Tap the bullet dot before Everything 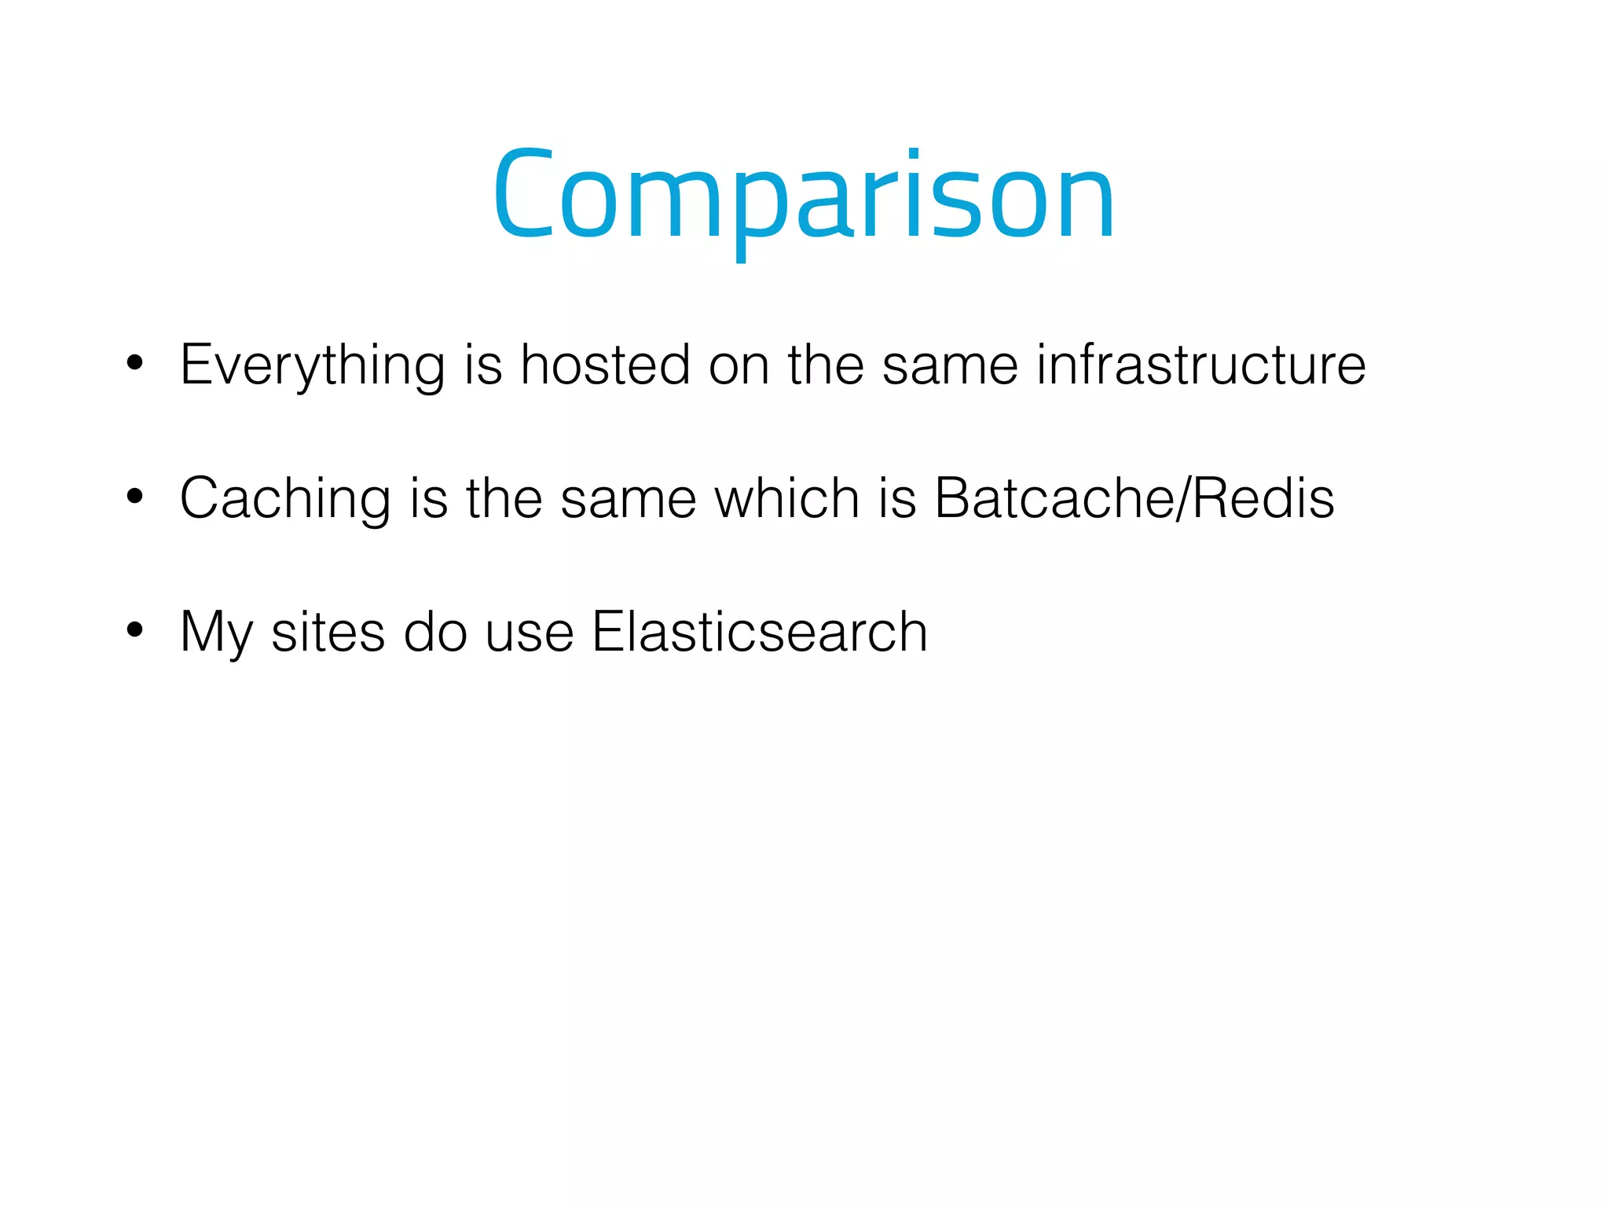point(135,363)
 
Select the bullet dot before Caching point(135,497)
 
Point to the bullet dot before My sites point(135,629)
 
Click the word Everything point(313,365)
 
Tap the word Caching point(285,498)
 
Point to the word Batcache point(1056,497)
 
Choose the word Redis point(1263,497)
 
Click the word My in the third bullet point(216,633)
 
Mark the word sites point(328,631)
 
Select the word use point(529,633)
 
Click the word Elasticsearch point(760,631)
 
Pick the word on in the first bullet point(739,365)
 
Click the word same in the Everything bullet point(950,365)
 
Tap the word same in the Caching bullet point(628,499)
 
